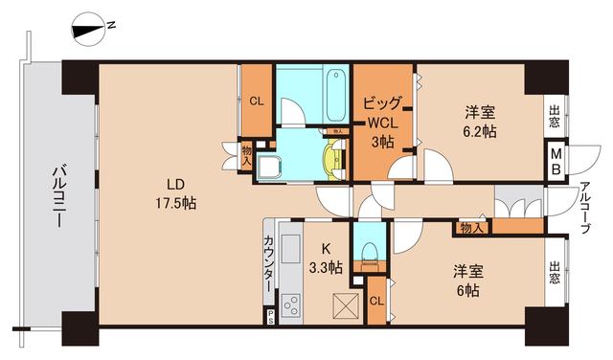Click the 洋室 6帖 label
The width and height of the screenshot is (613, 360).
[x=469, y=279]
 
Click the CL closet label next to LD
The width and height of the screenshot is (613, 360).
[x=256, y=101]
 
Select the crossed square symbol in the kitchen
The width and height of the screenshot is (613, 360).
[x=343, y=305]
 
